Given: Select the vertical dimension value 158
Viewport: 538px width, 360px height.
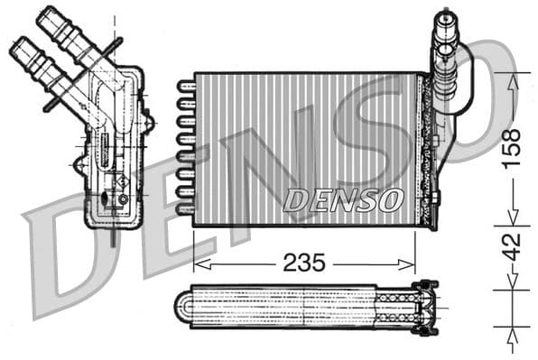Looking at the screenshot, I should tap(511, 147).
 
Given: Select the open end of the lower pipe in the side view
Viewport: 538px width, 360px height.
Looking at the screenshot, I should tap(20, 46).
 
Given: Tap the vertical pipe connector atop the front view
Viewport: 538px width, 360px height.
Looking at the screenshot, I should tap(444, 36).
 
